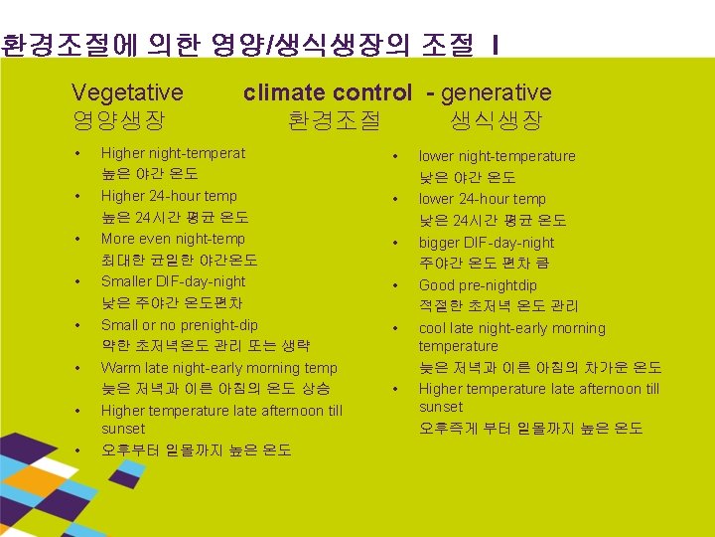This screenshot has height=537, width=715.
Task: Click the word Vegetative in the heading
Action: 127,92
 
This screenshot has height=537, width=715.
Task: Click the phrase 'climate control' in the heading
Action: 327,92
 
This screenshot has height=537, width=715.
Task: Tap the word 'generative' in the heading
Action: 496,92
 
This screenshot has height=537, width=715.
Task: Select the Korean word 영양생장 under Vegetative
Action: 118,121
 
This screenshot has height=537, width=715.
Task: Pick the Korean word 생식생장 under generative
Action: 496,121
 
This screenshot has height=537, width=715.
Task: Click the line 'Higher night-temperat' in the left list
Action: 173,153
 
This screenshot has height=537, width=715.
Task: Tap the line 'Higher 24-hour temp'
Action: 169,196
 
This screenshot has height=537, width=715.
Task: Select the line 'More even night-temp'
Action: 173,239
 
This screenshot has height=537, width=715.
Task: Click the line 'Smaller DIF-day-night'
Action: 173,281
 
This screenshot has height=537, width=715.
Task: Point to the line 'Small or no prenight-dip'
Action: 179,325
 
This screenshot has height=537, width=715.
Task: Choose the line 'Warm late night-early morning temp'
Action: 218,368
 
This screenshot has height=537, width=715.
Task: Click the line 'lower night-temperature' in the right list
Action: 497,156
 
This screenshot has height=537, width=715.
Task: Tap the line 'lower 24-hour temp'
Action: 482,199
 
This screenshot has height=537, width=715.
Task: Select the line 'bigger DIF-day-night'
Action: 486,243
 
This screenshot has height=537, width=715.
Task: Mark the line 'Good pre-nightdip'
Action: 478,285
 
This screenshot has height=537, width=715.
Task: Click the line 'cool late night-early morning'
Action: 511,328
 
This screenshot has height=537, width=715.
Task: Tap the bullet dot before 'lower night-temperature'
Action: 395,156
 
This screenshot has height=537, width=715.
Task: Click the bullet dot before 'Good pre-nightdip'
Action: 395,285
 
